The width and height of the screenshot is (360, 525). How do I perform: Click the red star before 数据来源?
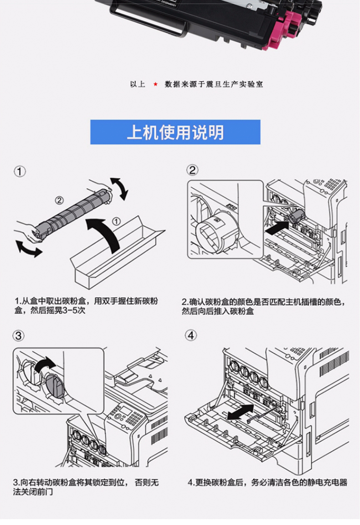coord(155,84)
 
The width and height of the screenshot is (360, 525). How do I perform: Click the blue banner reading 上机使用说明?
coord(175,132)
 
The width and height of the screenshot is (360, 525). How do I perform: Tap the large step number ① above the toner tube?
coord(20,172)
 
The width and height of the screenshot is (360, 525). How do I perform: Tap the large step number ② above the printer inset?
coord(192,170)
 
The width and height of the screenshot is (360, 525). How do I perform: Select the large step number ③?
coord(19,335)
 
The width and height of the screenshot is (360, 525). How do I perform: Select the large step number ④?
coord(191,335)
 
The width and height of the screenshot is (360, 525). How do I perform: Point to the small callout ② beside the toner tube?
coord(59,200)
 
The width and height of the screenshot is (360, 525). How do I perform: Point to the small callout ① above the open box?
coord(116,221)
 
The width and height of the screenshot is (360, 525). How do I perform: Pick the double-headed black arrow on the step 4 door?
coord(241,412)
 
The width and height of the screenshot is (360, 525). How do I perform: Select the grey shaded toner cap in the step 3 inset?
coord(54,386)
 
